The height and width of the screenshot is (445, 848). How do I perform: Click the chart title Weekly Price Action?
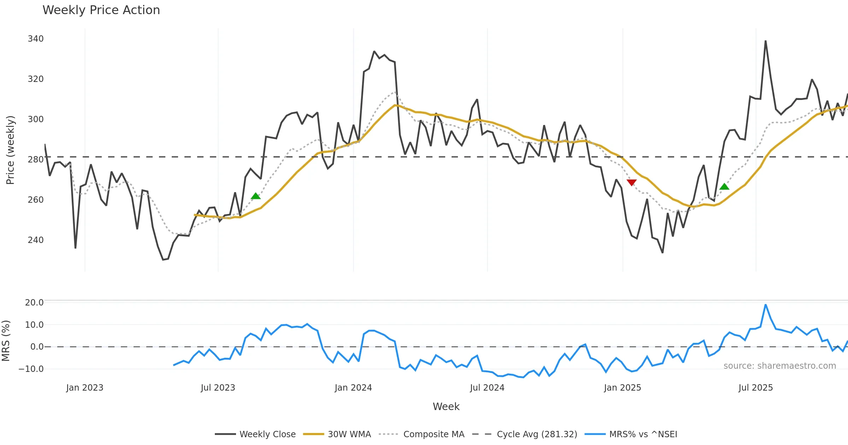[101, 10]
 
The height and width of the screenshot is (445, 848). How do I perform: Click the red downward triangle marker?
[631, 182]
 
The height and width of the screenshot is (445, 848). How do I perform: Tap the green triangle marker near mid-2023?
[256, 196]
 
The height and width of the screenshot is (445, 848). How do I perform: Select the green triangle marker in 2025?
[724, 186]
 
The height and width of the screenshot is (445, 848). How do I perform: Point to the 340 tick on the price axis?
[36, 38]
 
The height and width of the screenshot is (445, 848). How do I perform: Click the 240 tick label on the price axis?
[36, 240]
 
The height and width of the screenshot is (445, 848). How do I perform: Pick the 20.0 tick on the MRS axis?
[34, 303]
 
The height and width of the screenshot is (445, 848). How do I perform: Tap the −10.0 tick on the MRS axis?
[31, 369]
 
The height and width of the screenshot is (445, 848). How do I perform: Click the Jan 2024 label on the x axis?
[353, 388]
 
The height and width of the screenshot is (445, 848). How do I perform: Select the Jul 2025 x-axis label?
[756, 388]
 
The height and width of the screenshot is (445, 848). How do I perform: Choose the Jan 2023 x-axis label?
[85, 388]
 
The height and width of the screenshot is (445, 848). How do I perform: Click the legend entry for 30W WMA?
[349, 434]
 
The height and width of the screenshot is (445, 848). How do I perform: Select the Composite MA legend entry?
[434, 434]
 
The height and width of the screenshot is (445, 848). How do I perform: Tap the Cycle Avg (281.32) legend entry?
[537, 434]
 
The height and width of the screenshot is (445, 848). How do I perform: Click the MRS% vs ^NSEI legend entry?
[643, 434]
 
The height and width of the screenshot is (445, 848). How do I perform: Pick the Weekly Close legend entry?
[267, 434]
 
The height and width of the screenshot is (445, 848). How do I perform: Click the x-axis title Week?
[446, 407]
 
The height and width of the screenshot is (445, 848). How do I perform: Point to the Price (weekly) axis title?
[10, 150]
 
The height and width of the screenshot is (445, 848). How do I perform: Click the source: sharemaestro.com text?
[779, 366]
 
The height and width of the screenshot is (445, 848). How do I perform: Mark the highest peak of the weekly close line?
[766, 41]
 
